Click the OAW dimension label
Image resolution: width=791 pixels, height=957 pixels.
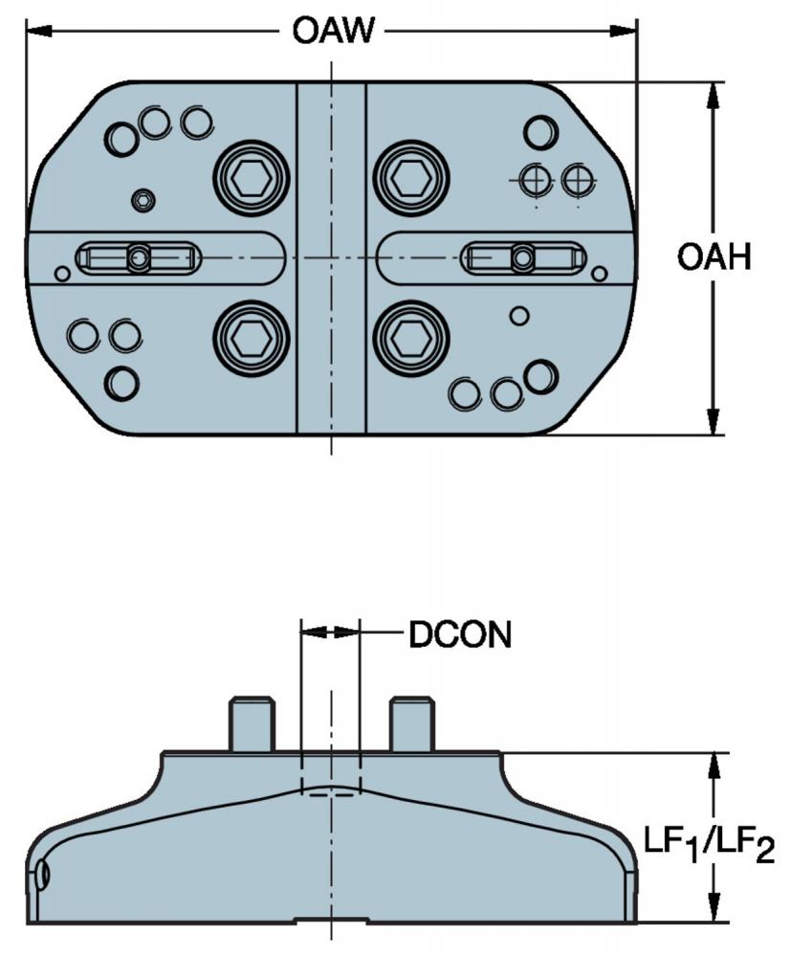pyautogui.click(x=333, y=31)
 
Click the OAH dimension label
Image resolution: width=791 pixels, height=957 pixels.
pyautogui.click(x=714, y=256)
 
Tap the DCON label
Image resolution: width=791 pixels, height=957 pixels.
pyautogui.click(x=460, y=634)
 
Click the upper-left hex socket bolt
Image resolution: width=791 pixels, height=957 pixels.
pyautogui.click(x=252, y=178)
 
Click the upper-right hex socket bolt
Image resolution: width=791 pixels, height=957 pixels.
pyautogui.click(x=411, y=178)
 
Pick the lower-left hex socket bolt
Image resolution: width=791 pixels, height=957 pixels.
pyautogui.click(x=252, y=338)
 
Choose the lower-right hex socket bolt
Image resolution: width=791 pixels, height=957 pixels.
pyautogui.click(x=411, y=338)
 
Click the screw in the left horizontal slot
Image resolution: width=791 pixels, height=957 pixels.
pyautogui.click(x=139, y=257)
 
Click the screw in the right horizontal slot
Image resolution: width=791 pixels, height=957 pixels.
pyautogui.click(x=522, y=257)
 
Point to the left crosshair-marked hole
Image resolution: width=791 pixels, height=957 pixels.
pyautogui.click(x=535, y=180)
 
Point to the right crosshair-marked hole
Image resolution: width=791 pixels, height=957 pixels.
pyautogui.click(x=577, y=180)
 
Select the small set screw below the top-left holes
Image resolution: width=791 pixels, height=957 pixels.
pyautogui.click(x=143, y=200)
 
